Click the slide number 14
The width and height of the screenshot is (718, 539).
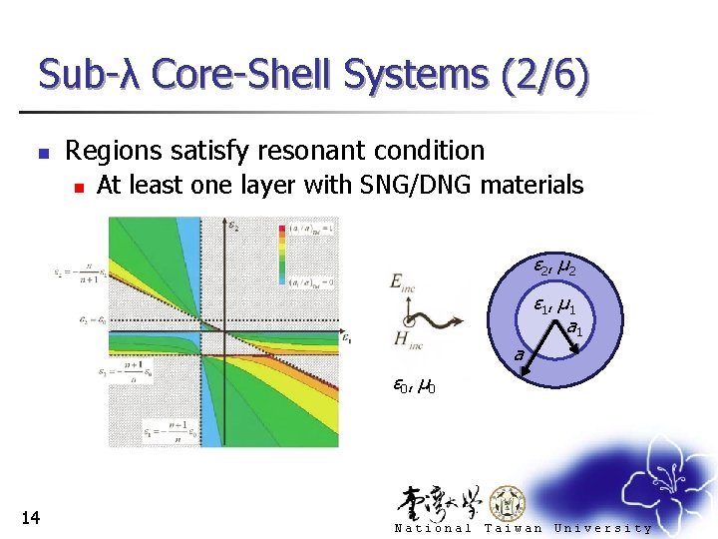(30, 516)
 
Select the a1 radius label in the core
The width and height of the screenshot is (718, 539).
(574, 326)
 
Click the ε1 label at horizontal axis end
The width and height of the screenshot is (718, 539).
(345, 338)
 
